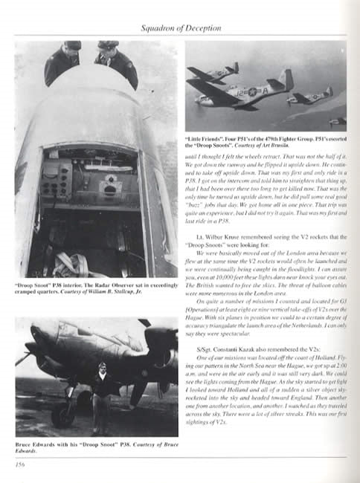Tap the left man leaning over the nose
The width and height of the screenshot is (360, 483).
tap(62, 63)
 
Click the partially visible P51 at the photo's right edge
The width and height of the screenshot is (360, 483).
tap(338, 120)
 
